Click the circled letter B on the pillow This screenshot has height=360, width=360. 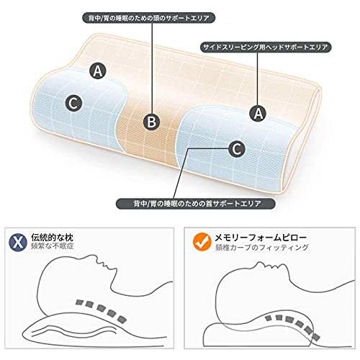[x=151, y=122]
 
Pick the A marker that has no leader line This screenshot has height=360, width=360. [x=97, y=70]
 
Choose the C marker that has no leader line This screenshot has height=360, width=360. [x=72, y=102]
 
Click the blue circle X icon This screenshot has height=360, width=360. [x=19, y=240]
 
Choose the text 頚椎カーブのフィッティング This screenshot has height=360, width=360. [x=256, y=247]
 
